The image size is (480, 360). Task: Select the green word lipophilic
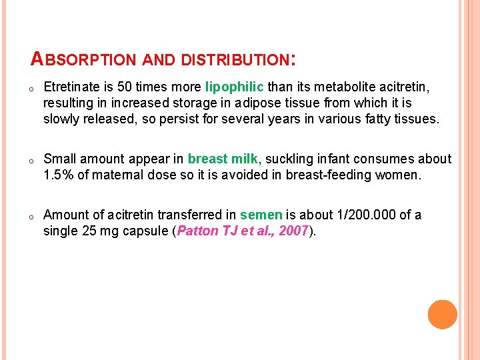[235, 87]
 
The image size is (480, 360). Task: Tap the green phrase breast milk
[223, 159]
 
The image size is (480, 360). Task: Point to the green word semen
[261, 215]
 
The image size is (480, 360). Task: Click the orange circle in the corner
[442, 315]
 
